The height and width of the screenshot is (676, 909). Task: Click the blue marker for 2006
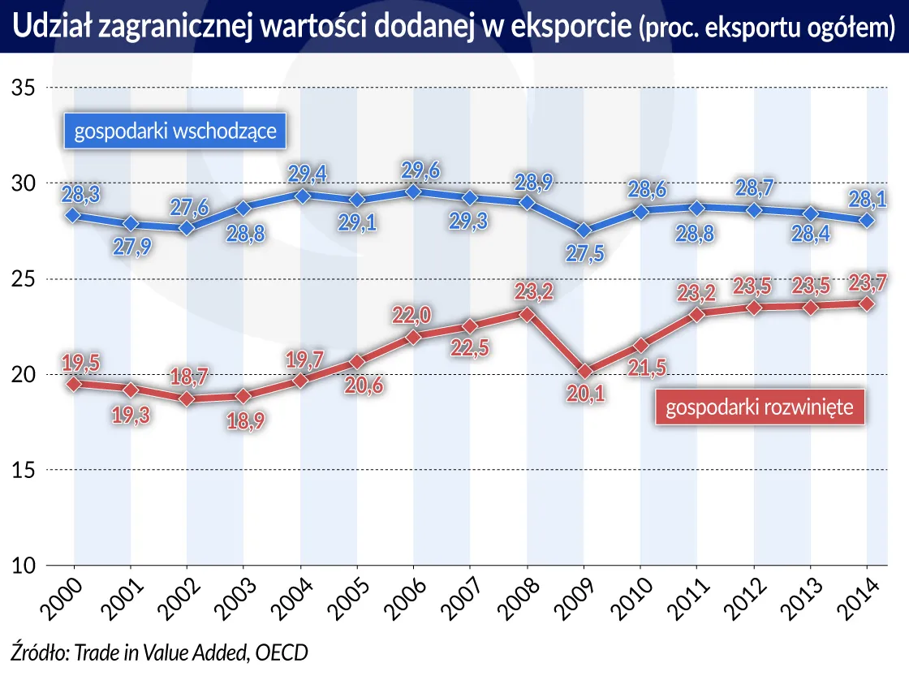click(413, 192)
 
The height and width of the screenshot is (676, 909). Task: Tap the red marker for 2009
click(584, 372)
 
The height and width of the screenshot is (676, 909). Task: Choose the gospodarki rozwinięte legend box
click(759, 407)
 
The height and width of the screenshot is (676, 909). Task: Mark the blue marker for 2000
click(74, 216)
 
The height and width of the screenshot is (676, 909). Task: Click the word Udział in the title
click(51, 28)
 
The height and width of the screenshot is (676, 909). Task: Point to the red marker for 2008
click(527, 313)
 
